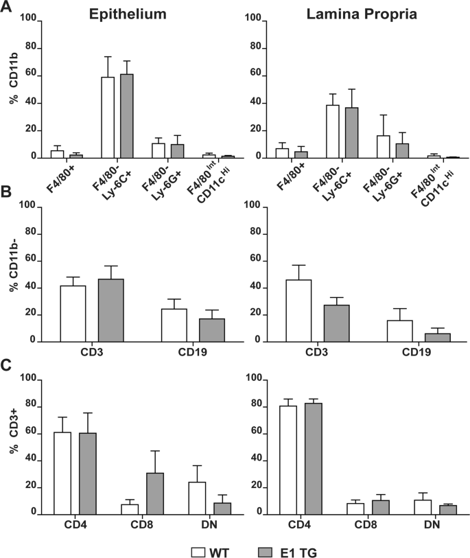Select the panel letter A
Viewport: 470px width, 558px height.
coord(8,10)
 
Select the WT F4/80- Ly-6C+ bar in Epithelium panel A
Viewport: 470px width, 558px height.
coord(108,117)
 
